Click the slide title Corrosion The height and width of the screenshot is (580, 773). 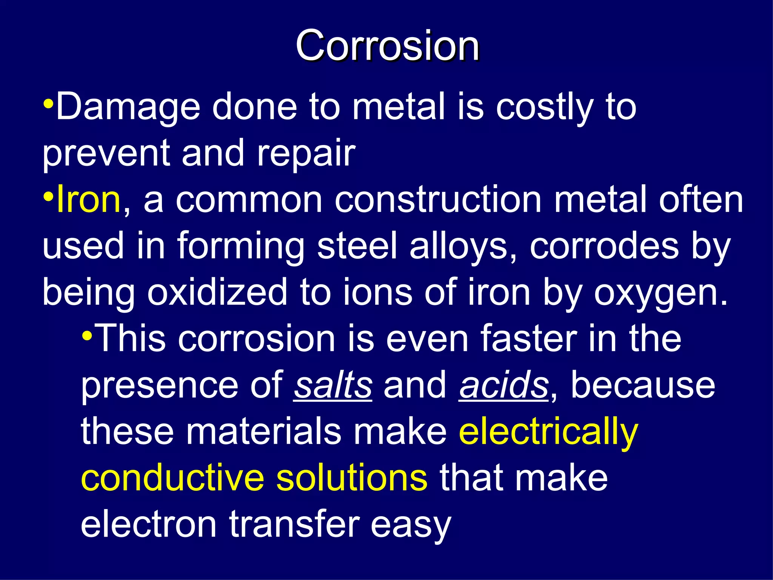click(x=387, y=46)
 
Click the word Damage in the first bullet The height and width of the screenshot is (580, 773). click(x=128, y=107)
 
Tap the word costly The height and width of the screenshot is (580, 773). click(x=544, y=107)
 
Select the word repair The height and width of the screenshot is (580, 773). click(x=306, y=153)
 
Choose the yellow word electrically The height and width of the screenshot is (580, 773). click(x=548, y=432)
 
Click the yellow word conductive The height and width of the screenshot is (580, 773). click(x=172, y=478)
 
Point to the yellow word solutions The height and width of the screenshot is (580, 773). click(x=352, y=478)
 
